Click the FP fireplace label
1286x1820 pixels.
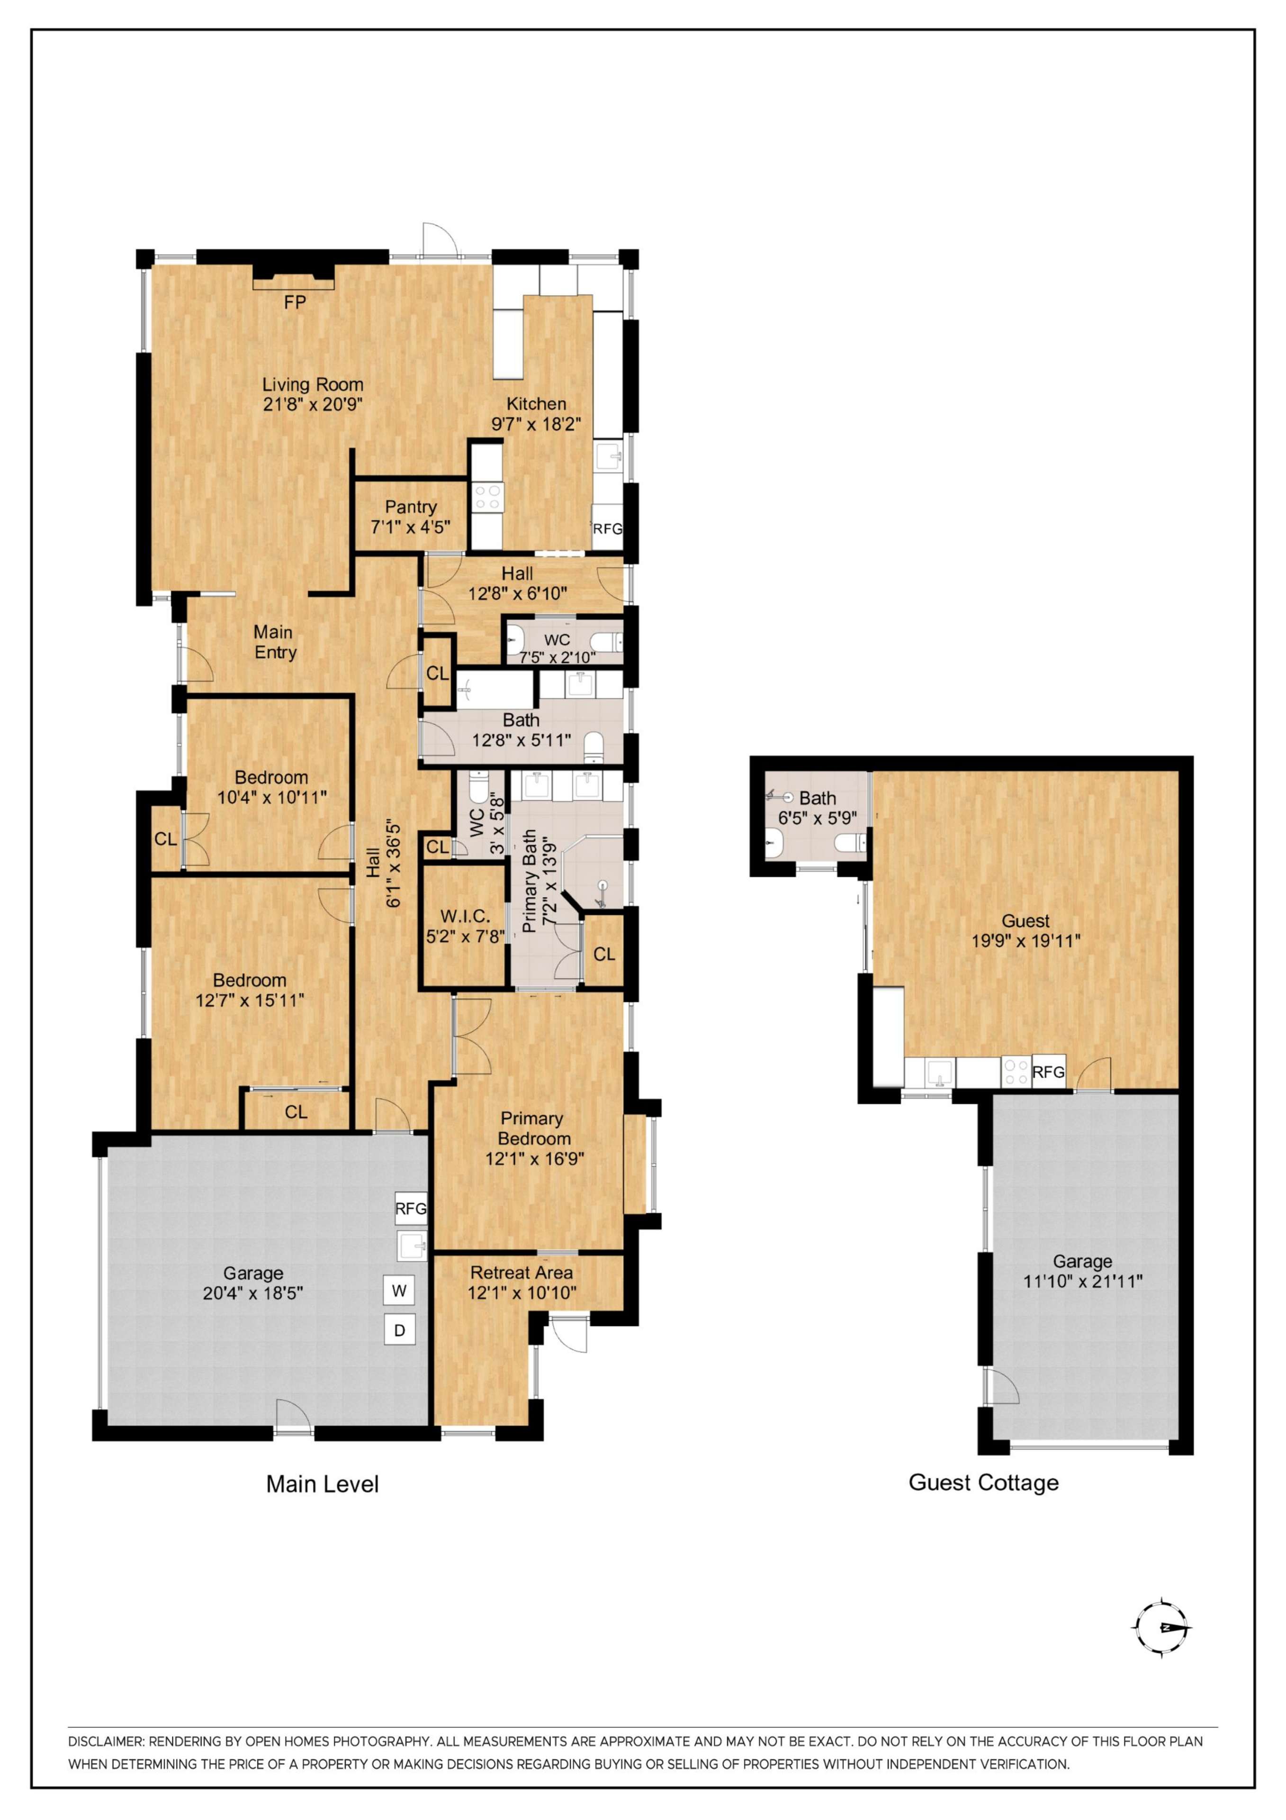point(295,302)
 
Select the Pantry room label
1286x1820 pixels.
point(411,507)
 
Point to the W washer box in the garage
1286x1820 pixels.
point(399,1291)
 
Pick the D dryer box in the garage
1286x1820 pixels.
point(399,1330)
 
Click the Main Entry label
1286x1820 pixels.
point(274,642)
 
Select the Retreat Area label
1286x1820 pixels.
point(522,1272)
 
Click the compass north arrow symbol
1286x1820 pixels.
point(1162,1628)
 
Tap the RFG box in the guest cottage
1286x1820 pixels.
point(1048,1072)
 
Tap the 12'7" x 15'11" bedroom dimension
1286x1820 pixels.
point(250,1001)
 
